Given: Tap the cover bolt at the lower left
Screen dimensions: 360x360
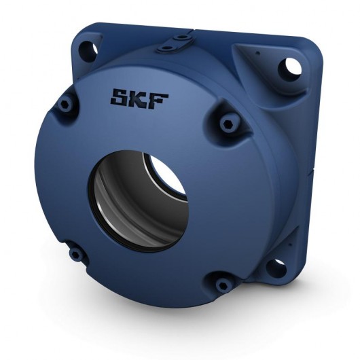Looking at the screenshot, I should click(x=75, y=254).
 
